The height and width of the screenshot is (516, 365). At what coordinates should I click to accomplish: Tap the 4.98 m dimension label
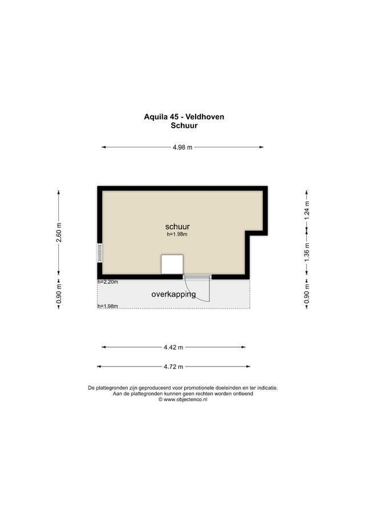[182, 147]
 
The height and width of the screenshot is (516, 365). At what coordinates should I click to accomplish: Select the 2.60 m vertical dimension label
[59, 232]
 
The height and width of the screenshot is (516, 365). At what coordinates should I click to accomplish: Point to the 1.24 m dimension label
[306, 211]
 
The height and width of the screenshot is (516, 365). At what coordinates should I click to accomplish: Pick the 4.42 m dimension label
[173, 347]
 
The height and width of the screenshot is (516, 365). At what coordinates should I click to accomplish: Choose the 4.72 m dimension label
[173, 366]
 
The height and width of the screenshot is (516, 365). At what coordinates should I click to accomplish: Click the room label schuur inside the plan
[177, 226]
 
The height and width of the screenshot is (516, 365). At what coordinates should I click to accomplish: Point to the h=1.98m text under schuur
[177, 234]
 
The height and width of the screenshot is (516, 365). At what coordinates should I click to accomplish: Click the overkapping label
[173, 294]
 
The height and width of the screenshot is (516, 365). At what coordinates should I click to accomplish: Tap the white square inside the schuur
[172, 264]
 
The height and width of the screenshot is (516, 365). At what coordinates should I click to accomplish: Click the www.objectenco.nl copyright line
[183, 400]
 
